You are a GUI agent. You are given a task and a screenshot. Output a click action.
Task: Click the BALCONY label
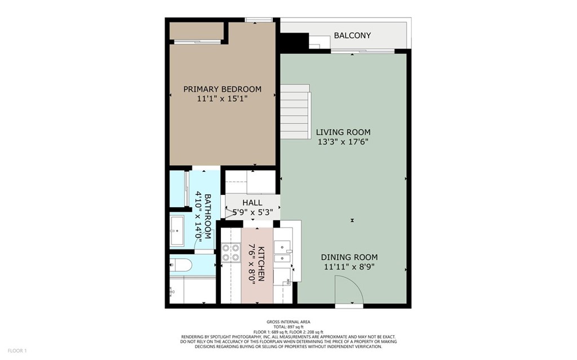tap(352, 35)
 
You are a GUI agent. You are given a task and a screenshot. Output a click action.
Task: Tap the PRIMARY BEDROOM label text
tap(222, 89)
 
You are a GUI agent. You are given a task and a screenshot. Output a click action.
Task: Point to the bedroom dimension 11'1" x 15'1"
tap(222, 99)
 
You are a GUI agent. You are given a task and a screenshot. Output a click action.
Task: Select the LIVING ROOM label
tap(343, 132)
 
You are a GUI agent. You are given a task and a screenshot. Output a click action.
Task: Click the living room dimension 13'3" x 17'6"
tap(343, 142)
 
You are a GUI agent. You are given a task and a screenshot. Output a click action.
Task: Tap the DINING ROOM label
tap(349, 257)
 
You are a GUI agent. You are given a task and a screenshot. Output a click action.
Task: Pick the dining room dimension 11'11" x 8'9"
tap(349, 267)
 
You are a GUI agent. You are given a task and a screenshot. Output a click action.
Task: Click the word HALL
tap(252, 203)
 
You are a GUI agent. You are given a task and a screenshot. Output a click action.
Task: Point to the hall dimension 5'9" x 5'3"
tap(253, 212)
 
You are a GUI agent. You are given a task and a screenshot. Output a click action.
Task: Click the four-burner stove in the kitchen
tap(230, 253)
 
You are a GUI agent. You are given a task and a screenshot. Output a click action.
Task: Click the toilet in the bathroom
tap(180, 265)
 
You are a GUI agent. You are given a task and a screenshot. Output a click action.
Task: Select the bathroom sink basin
tap(177, 231)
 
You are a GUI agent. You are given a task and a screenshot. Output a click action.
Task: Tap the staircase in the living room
tap(295, 112)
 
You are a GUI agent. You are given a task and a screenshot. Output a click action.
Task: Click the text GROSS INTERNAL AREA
tap(288, 322)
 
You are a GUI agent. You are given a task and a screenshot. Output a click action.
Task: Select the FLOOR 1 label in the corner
tap(17, 351)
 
